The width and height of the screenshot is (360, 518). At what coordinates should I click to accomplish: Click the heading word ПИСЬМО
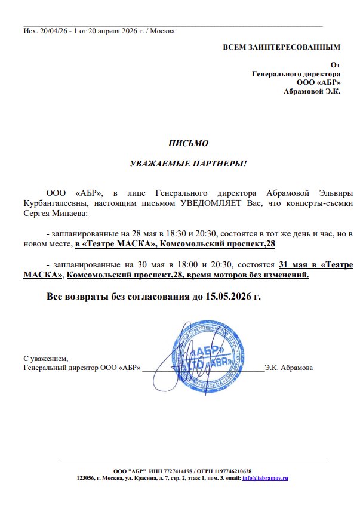click(x=188, y=143)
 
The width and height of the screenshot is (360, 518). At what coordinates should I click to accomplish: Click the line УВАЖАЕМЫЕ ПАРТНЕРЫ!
click(x=188, y=163)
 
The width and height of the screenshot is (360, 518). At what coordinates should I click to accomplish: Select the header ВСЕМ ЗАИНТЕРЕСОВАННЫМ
click(x=281, y=47)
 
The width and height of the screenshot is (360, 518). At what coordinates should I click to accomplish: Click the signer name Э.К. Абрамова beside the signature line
click(x=289, y=368)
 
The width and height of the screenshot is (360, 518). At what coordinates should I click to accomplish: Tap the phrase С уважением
click(x=46, y=359)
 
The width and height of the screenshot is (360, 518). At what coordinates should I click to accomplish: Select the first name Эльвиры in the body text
click(x=334, y=194)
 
